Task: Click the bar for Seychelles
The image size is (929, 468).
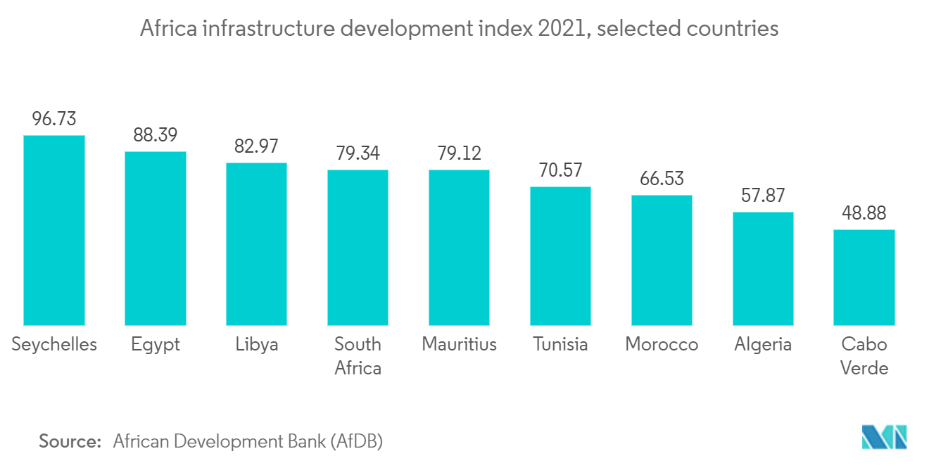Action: pyautogui.click(x=54, y=230)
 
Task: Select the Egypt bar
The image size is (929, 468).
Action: pyautogui.click(x=156, y=238)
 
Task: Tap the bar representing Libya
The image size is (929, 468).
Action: pyautogui.click(x=256, y=244)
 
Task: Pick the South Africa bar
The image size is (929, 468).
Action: pyautogui.click(x=358, y=247)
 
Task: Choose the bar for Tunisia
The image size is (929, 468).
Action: pyautogui.click(x=560, y=255)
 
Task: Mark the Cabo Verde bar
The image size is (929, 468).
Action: pyautogui.click(x=864, y=277)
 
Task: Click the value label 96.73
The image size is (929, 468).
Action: pyautogui.click(x=54, y=119)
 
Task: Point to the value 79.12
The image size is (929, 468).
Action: pyautogui.click(x=459, y=153)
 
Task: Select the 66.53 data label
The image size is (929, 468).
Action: pyautogui.click(x=662, y=179)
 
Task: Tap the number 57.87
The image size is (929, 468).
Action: pyautogui.click(x=763, y=196)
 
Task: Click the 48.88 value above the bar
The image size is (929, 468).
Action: pyautogui.click(x=864, y=213)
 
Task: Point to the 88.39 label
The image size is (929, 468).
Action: pyautogui.click(x=156, y=135)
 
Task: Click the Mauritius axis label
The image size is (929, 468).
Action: pyautogui.click(x=459, y=344)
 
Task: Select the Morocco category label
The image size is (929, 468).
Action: pyautogui.click(x=662, y=344)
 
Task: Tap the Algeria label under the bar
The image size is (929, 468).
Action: pyautogui.click(x=763, y=344)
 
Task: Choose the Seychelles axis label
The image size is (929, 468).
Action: pyautogui.click(x=54, y=344)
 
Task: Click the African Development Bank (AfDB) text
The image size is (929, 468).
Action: pyautogui.click(x=248, y=441)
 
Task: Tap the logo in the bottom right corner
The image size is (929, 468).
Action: pyautogui.click(x=885, y=437)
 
